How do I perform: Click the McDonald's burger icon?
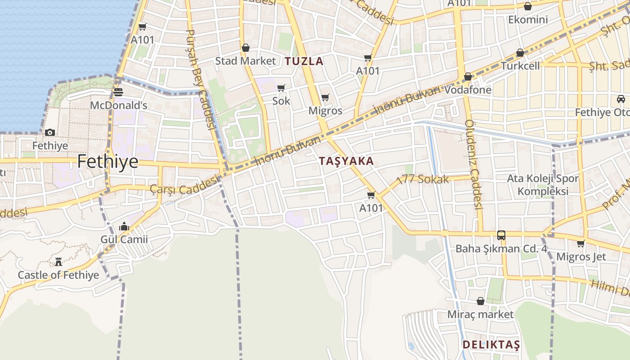click(118, 92)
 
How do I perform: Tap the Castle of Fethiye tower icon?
click(58, 261)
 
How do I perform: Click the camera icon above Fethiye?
click(50, 132)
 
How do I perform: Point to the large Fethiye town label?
click(108, 161)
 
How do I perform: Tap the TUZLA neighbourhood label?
click(304, 61)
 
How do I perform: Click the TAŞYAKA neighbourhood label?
click(346, 161)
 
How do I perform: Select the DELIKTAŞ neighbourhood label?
click(491, 345)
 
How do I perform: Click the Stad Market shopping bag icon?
click(246, 48)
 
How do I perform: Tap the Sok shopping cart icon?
click(281, 88)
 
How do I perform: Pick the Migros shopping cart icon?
click(325, 97)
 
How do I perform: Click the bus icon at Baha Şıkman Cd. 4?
click(501, 235)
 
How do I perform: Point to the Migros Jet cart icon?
click(581, 243)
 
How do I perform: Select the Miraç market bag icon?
click(481, 301)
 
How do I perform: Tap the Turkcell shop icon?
click(520, 53)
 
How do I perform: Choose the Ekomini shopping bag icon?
click(528, 6)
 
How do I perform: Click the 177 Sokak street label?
click(423, 179)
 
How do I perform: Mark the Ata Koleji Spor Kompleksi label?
click(543, 184)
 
